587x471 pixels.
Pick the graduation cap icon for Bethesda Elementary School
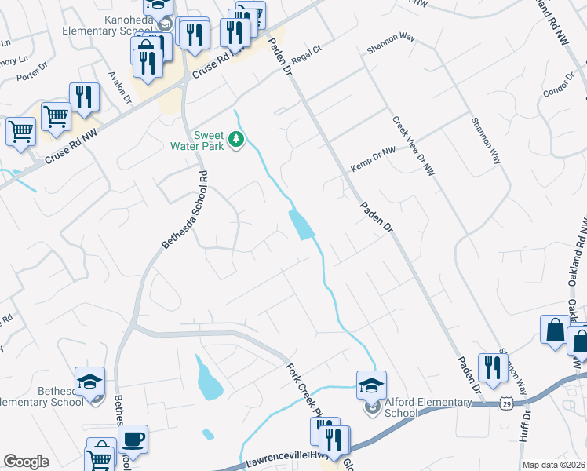(x=90, y=382)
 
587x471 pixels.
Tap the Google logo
(x=27, y=462)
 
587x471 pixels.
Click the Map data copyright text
(x=554, y=465)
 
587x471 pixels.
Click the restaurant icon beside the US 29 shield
(x=493, y=367)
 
